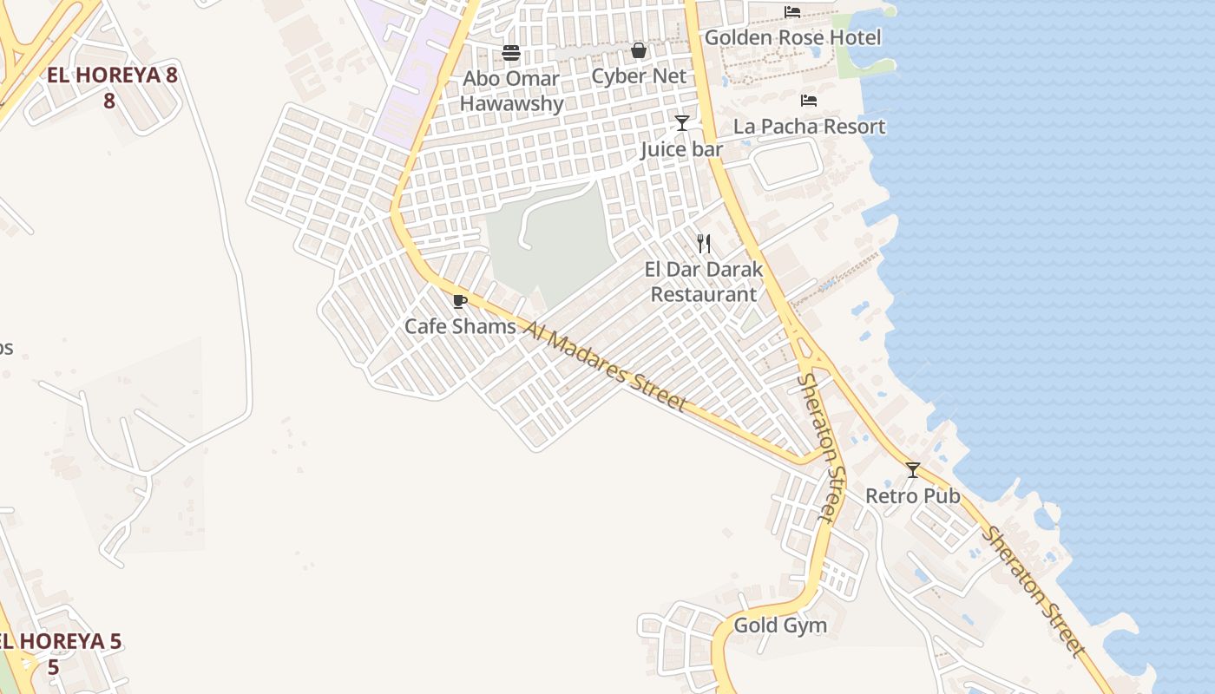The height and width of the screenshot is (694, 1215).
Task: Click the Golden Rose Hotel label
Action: point(792,37)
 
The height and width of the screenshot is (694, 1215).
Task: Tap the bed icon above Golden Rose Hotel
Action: point(792,11)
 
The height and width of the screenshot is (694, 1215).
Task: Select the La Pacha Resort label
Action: point(809,127)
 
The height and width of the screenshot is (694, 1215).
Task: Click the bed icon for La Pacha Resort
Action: point(809,101)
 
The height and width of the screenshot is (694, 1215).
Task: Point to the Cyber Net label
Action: point(639,76)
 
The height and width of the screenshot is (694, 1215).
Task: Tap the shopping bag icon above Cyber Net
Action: point(639,50)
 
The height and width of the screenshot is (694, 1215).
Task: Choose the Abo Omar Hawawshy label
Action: point(511,91)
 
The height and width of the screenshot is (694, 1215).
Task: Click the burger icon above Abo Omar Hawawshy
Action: point(511,53)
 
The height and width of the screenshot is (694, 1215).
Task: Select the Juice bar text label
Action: point(681,149)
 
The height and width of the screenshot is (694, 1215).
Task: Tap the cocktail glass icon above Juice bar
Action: point(682,123)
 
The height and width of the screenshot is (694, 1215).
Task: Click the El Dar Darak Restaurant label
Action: point(704,282)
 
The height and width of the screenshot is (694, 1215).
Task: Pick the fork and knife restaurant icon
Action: point(704,244)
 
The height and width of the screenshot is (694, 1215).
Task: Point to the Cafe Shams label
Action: point(460,327)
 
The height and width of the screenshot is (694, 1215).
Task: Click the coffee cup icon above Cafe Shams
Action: point(460,301)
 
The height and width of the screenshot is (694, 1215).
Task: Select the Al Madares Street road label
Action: point(606,368)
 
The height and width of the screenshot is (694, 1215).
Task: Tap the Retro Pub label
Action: point(913,496)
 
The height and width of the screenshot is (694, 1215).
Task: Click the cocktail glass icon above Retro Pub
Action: point(913,470)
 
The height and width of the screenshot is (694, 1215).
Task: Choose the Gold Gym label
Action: point(780,625)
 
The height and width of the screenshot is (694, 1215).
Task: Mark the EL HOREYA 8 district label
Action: point(112,87)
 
